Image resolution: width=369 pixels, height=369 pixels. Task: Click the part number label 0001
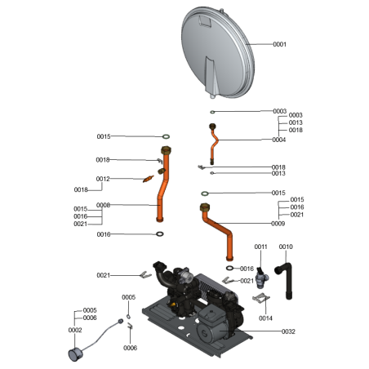pyautogui.click(x=279, y=44)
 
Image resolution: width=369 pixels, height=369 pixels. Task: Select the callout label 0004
pyautogui.click(x=279, y=140)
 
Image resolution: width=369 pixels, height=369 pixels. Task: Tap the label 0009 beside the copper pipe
pyautogui.click(x=279, y=223)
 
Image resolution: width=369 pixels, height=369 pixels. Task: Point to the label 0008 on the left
pyautogui.click(x=103, y=205)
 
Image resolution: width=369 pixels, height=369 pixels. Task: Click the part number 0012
pyautogui.click(x=103, y=179)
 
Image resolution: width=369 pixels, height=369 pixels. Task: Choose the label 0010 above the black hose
pyautogui.click(x=286, y=247)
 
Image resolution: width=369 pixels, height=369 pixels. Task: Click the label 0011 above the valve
pyautogui.click(x=261, y=247)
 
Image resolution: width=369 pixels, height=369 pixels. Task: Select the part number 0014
pyautogui.click(x=266, y=317)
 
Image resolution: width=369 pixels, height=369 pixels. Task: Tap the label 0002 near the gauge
pyautogui.click(x=74, y=330)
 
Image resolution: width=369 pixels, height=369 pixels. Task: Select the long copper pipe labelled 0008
pyautogui.click(x=163, y=188)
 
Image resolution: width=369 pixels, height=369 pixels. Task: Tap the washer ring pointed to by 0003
pyautogui.click(x=212, y=111)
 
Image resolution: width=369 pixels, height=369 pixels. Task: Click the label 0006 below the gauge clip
pyautogui.click(x=130, y=348)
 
